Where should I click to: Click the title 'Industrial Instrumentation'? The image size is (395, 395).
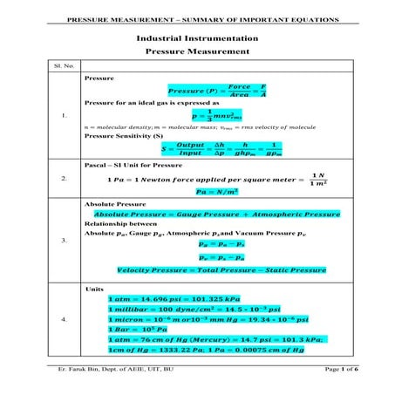[197, 38]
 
